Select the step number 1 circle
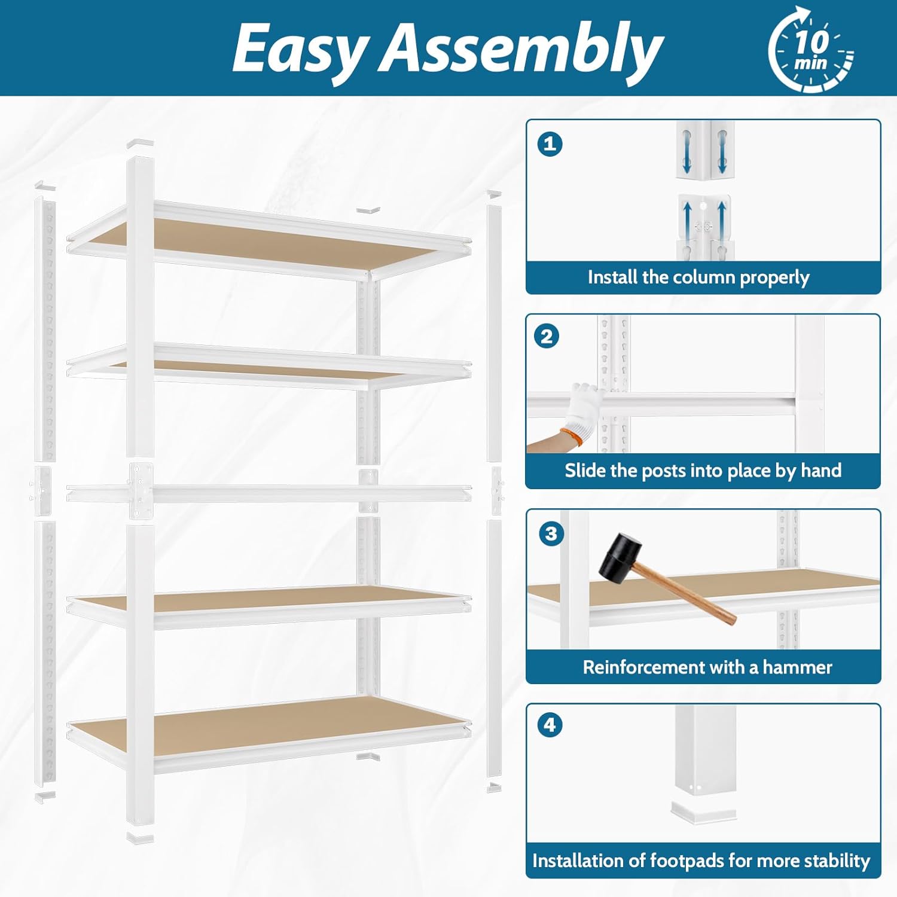pos(550,144)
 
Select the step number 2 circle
pos(547,337)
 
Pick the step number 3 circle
pos(551,533)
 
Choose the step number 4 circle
pos(550,725)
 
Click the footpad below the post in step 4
pos(703,812)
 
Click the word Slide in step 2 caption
pos(585,471)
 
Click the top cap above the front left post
pos(140,144)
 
